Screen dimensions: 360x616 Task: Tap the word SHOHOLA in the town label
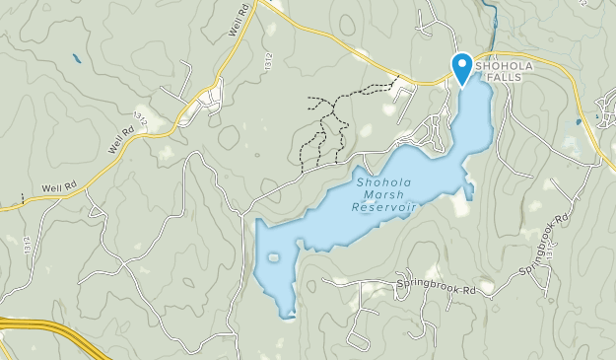pyautogui.click(x=505, y=66)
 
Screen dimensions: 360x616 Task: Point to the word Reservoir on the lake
pyautogui.click(x=384, y=207)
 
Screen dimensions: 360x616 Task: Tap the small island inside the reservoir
pyautogui.click(x=273, y=258)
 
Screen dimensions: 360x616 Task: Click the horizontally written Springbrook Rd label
pyautogui.click(x=436, y=290)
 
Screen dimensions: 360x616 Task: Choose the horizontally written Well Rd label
pyautogui.click(x=58, y=187)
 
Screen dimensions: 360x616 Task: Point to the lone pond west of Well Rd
pyautogui.click(x=77, y=58)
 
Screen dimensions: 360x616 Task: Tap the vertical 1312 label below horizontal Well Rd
pyautogui.click(x=22, y=245)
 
